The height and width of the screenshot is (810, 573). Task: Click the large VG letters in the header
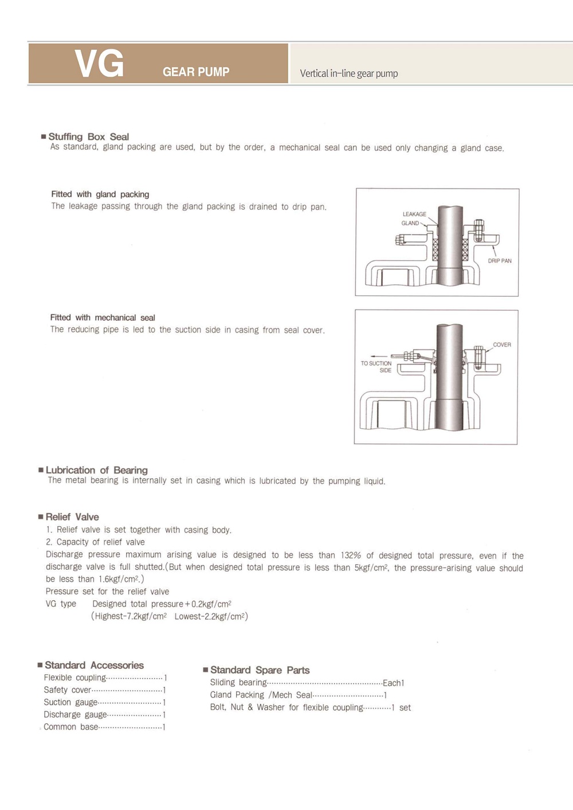click(99, 63)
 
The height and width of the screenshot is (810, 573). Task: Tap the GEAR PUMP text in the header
click(195, 72)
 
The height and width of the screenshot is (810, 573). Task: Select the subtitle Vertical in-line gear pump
click(348, 73)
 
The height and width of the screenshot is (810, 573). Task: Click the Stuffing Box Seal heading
click(88, 136)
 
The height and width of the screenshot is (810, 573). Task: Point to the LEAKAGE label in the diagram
click(414, 214)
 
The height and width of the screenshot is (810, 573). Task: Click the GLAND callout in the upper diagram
click(410, 223)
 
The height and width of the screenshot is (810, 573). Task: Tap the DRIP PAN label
click(500, 261)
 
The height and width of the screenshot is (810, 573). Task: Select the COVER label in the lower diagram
click(502, 345)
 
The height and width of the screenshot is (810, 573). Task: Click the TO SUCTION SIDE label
click(376, 367)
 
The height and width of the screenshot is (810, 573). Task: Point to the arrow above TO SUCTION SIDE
click(379, 356)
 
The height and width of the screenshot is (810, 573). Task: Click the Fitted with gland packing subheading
click(100, 194)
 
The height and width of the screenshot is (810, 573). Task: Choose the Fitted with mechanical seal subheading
click(103, 318)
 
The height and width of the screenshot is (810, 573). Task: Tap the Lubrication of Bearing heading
click(96, 470)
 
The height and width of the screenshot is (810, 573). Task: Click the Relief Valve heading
click(72, 516)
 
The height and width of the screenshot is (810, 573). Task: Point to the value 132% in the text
click(351, 555)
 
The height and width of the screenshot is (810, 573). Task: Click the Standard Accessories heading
click(94, 665)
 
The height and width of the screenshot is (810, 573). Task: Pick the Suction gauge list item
click(70, 702)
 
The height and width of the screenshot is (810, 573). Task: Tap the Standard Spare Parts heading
click(260, 670)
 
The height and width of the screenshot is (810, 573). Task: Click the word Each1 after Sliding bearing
click(394, 683)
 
